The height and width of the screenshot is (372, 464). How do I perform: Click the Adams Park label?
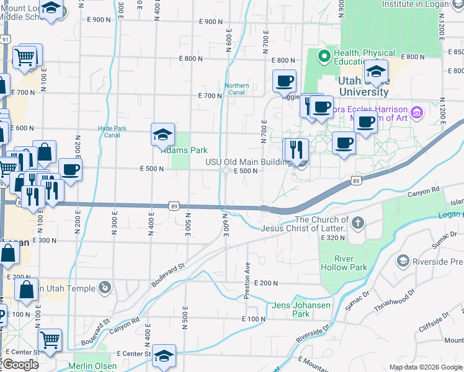[x=184, y=150]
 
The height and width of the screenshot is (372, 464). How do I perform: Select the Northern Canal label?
[x=236, y=89]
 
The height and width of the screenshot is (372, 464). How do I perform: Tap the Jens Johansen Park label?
[x=300, y=309]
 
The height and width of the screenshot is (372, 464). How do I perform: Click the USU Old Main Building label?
[x=248, y=163]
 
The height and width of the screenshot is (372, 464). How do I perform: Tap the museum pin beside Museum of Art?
[x=417, y=112]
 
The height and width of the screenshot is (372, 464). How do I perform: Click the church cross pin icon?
[x=357, y=223]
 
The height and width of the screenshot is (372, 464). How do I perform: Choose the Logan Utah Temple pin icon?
[x=106, y=287]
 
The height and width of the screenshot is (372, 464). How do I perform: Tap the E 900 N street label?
[x=211, y=21]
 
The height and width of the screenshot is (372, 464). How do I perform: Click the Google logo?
[x=20, y=364]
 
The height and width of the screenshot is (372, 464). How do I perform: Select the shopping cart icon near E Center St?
[x=49, y=340]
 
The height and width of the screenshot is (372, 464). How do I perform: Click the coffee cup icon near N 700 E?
[x=285, y=81]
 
